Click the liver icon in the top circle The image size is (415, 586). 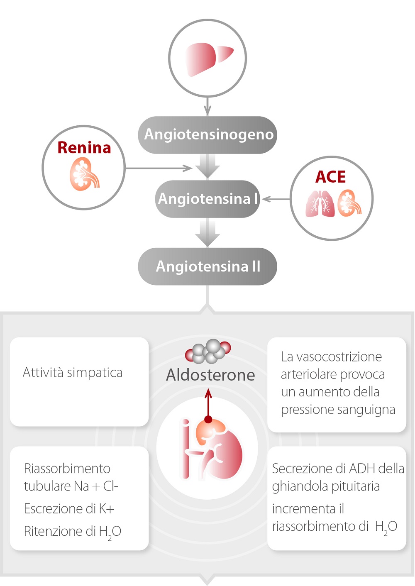click(x=207, y=59)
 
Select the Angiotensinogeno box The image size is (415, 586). click(x=207, y=135)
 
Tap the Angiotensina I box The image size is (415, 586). click(x=207, y=199)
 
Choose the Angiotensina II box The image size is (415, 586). click(x=207, y=266)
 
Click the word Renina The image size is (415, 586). click(x=84, y=148)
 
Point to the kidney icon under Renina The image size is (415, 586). click(x=84, y=175)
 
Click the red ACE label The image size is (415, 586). click(x=330, y=177)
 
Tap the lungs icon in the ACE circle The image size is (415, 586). click(x=320, y=203)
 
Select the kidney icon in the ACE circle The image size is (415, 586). click(x=349, y=203)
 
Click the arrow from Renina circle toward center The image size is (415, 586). click(x=158, y=168)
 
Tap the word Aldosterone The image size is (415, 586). click(x=210, y=375)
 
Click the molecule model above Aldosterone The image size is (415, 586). click(x=208, y=351)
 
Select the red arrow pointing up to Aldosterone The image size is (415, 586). click(x=208, y=405)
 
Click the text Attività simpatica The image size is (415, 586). click(x=73, y=372)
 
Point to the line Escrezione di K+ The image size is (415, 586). click(x=69, y=508)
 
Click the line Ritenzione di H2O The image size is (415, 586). click(x=72, y=531)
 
